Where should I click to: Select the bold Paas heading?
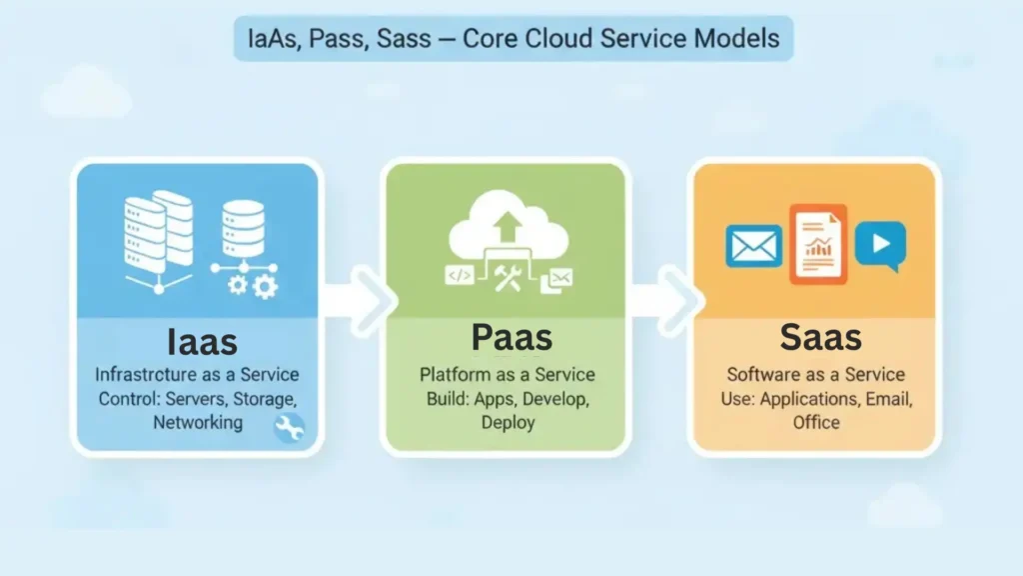click(511, 337)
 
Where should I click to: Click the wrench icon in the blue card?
click(289, 428)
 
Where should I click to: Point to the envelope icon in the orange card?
click(753, 245)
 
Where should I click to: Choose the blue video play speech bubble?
click(880, 245)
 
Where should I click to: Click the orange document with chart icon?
click(817, 244)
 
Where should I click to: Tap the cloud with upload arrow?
click(509, 230)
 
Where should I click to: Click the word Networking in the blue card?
click(198, 422)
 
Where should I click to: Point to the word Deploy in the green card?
click(508, 422)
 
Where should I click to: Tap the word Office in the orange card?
click(816, 422)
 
